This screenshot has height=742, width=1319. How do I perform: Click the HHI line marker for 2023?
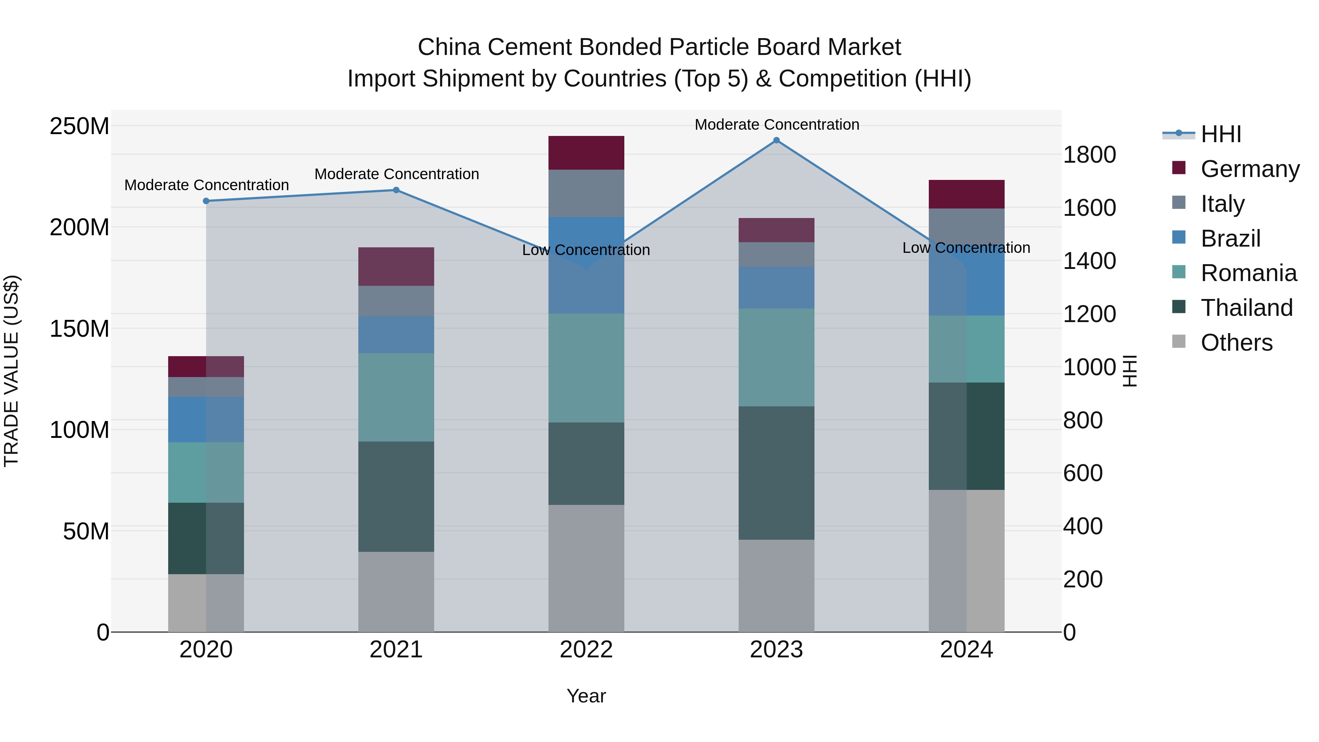pos(776,140)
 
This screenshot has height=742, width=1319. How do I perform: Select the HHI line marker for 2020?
pos(206,201)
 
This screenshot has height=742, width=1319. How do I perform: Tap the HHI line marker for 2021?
pos(396,190)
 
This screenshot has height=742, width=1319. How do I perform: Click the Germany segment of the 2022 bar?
pos(586,152)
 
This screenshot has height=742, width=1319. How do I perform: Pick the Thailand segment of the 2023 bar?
pos(776,473)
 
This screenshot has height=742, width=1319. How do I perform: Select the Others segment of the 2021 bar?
pos(396,591)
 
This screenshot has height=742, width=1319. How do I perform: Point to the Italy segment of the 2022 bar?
pos(586,193)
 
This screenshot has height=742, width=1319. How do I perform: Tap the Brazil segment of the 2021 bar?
pos(396,335)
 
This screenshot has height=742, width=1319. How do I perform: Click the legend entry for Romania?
pos(1248,273)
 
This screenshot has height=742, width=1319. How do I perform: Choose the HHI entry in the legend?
pos(1221,134)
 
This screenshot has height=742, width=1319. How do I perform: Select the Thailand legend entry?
pos(1246,308)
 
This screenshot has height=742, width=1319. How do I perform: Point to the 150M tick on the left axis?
pos(80,328)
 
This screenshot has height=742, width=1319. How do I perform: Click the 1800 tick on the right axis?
pos(1089,155)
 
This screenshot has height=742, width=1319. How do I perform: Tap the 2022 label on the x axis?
pos(586,650)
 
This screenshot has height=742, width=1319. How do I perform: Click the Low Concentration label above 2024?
pos(966,248)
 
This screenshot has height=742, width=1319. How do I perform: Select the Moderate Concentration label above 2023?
pos(776,125)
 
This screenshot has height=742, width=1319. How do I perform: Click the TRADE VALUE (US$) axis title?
pos(11,371)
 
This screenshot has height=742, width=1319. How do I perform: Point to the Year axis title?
pos(586,696)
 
